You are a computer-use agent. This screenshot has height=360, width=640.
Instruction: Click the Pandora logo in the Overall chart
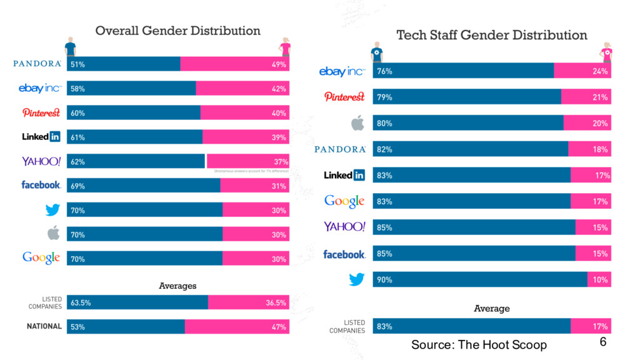37,64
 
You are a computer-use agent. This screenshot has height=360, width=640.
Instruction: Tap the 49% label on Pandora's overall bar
279,64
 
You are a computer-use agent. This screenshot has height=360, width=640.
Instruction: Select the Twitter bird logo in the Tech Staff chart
356,279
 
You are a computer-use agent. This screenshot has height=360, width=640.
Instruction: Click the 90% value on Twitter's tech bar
384,280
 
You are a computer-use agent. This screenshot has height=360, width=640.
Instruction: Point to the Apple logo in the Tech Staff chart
357,123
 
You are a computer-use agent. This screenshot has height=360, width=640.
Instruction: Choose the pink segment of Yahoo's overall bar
247,161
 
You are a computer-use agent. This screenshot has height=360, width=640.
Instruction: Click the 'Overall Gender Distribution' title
177,31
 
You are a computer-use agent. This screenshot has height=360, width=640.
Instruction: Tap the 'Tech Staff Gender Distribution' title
492,35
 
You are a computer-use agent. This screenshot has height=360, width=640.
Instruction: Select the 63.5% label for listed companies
81,302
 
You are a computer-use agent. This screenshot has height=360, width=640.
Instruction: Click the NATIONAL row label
44,326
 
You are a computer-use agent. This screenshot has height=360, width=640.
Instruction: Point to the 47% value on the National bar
279,327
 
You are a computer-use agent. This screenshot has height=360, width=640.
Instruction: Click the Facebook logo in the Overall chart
41,185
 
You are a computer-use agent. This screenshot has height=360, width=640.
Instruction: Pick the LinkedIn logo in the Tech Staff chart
344,176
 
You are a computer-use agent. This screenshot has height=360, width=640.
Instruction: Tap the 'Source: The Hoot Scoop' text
479,345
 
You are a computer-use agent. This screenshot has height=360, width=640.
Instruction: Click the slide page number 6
602,342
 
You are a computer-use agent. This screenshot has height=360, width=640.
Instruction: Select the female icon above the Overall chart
286,46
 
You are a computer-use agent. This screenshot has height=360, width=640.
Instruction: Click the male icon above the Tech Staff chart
376,52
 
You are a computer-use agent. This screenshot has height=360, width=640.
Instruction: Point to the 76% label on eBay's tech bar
384,71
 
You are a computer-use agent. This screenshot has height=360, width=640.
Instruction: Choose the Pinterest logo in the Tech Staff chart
344,97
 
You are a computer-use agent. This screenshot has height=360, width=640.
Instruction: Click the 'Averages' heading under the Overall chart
177,286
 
